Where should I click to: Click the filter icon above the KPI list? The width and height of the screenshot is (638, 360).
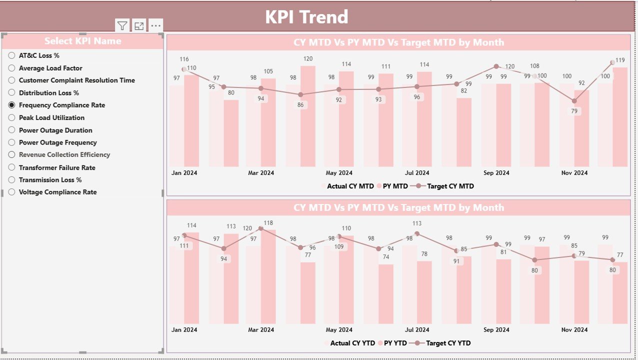[122, 26]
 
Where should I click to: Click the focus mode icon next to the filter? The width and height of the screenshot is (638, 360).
[139, 26]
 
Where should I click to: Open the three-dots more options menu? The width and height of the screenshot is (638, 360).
[155, 26]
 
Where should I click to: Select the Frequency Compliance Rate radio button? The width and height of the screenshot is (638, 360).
[11, 105]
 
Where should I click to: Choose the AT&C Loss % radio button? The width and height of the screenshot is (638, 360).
[11, 55]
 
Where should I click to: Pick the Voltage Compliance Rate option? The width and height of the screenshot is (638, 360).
[11, 192]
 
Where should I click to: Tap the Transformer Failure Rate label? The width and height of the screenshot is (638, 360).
[57, 167]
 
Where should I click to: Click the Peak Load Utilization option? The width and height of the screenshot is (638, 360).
[51, 117]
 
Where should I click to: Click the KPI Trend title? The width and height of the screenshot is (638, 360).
[306, 17]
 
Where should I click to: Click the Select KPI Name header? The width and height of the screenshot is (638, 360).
[82, 41]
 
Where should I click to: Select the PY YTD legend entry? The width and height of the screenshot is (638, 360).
[394, 343]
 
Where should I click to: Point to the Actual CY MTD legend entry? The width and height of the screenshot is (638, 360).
[349, 186]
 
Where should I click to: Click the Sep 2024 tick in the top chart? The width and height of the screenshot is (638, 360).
[495, 173]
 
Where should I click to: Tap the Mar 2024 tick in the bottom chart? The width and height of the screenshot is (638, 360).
[260, 330]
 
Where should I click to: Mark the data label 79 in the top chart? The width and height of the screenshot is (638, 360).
[574, 111]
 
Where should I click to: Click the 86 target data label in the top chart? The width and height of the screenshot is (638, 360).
[300, 105]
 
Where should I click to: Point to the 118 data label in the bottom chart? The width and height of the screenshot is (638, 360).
[268, 223]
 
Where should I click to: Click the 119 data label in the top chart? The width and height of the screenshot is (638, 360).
[620, 60]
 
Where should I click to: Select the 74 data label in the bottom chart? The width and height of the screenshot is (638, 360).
[385, 257]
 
